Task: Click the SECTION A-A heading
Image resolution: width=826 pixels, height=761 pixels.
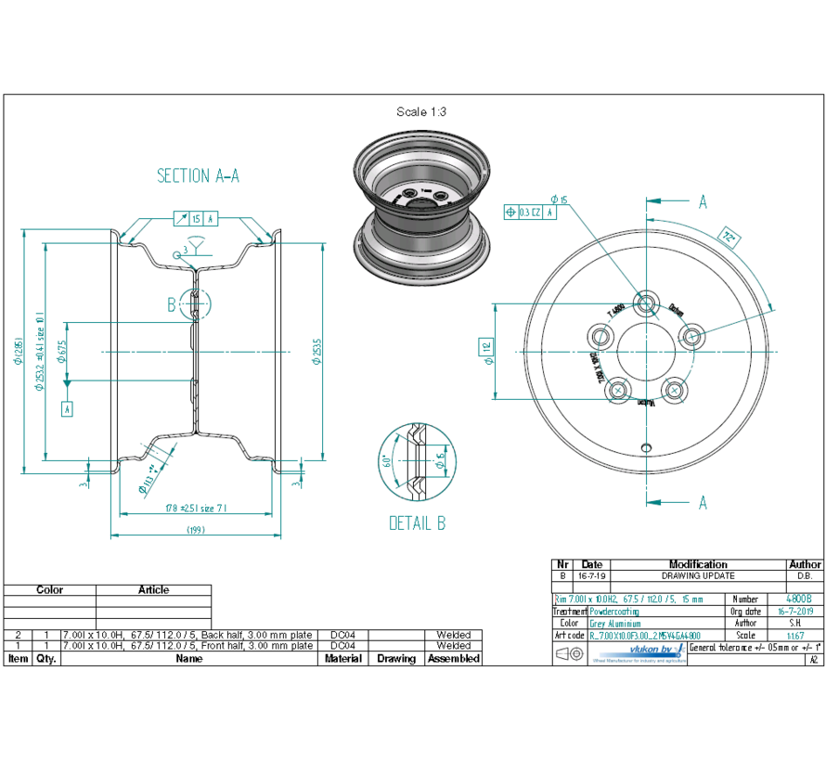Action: point(198,176)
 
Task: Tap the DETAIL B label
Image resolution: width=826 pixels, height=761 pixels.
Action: point(417,523)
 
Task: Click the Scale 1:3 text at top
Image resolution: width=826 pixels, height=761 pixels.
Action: point(421,112)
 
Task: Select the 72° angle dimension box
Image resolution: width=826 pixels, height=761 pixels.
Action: point(729,239)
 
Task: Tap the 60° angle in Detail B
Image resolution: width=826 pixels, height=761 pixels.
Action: point(385,460)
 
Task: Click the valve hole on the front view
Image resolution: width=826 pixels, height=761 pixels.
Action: point(648,447)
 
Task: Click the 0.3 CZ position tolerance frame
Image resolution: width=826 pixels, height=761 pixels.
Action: point(530,212)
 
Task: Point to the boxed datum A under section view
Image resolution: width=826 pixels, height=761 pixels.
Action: point(67,407)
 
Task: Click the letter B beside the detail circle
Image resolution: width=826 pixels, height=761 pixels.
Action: point(171,303)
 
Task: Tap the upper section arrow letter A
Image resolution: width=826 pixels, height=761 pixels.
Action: point(703,201)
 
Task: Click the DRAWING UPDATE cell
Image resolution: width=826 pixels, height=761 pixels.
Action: point(698,575)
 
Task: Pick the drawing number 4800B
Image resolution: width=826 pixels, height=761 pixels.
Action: point(797,600)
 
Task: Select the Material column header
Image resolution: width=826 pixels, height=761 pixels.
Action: point(342,658)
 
